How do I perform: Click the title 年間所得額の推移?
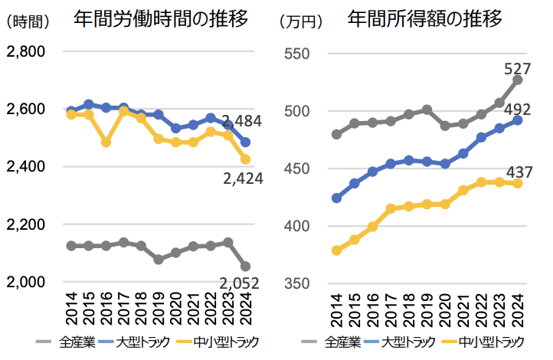point(426,19)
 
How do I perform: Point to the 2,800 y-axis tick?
point(26,52)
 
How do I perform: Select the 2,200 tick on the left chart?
point(26,225)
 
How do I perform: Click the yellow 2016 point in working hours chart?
point(106,142)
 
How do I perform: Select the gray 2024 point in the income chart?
point(518,80)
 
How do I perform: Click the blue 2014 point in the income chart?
point(336,198)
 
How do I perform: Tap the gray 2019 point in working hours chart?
point(158,260)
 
